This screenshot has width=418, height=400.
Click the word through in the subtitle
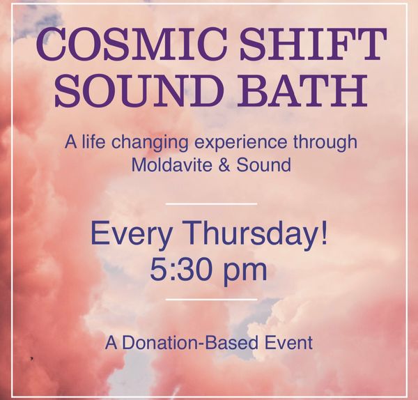[x=325, y=142]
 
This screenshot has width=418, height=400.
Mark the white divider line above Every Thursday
[x=211, y=204]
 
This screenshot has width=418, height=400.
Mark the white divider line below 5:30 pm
[x=211, y=300]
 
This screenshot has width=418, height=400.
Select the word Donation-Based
[x=190, y=342]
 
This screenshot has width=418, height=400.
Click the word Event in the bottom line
[x=288, y=342]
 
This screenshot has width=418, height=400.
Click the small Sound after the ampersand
[x=263, y=164]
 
